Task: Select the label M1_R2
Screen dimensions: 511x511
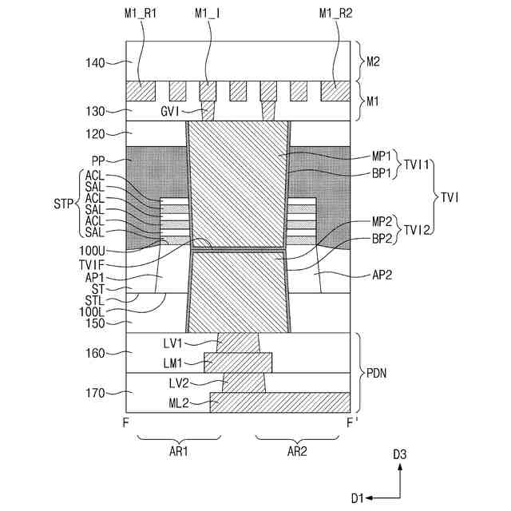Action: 334,13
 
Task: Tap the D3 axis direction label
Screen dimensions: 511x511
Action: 400,454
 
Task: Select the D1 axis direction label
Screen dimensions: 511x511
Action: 358,497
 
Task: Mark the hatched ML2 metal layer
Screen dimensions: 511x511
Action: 279,402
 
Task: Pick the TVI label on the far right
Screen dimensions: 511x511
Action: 450,196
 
